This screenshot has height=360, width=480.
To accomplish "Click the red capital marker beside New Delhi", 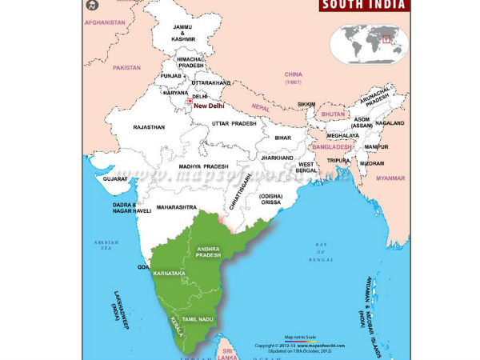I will [x=190, y=102].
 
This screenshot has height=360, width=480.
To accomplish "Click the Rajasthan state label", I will [x=149, y=127].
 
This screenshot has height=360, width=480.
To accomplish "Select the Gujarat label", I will [x=115, y=180].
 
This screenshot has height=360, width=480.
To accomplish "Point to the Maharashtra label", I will [x=176, y=207].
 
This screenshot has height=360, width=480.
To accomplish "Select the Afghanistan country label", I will [x=105, y=22].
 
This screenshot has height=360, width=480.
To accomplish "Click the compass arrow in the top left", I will [x=89, y=8].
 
